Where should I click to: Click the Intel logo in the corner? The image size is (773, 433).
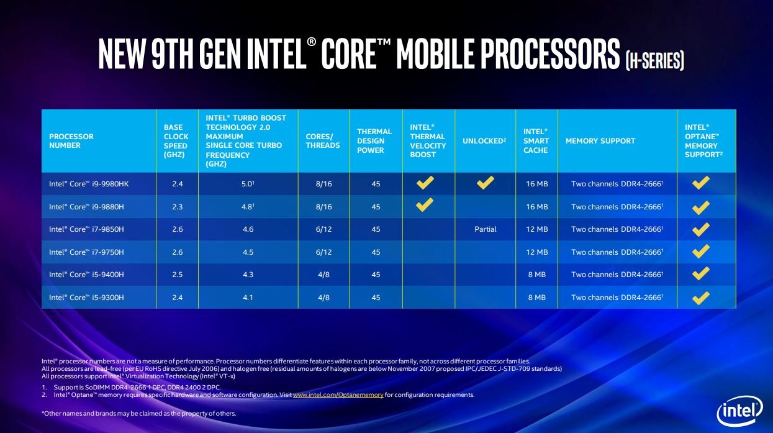739,411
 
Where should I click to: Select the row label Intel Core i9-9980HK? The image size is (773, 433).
89,184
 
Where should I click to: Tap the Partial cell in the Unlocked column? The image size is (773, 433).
486,229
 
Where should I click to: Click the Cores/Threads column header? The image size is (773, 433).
323,141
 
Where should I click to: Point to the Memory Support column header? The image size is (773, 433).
600,141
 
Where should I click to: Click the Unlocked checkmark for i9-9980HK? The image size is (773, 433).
486,183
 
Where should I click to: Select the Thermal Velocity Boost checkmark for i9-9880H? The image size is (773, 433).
425,205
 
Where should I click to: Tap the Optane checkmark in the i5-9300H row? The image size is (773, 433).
701,298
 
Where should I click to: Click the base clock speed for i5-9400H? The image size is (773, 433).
177,275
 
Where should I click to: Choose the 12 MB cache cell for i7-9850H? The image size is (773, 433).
536,229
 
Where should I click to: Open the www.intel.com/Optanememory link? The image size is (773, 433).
338,395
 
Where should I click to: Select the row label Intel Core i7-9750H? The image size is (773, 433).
87,252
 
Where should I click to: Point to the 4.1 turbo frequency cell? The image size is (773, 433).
248,298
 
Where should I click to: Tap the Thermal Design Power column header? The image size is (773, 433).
374,141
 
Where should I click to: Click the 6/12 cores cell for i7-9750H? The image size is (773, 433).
323,252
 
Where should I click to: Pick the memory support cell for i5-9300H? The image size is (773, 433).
617,298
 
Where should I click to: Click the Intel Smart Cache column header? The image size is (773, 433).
536,141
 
